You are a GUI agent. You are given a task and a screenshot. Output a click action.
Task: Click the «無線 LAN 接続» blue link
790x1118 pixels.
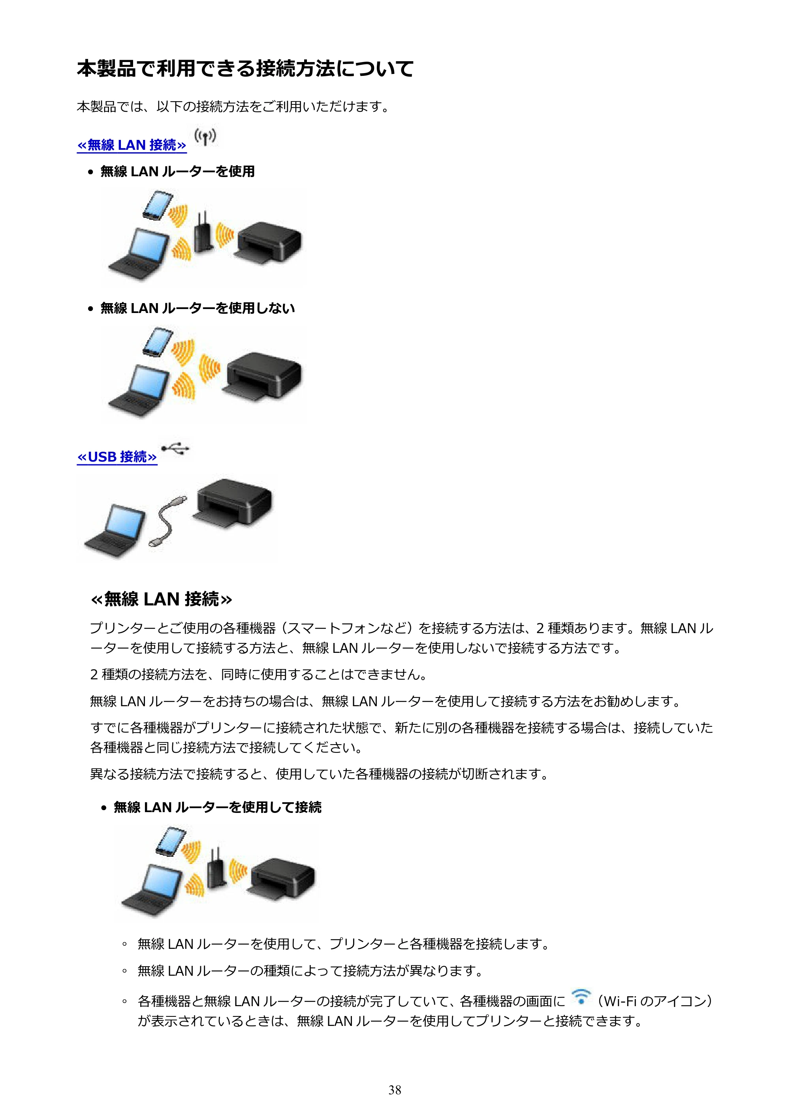tap(132, 145)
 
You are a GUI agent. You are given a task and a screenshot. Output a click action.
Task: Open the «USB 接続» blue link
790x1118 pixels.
tap(117, 457)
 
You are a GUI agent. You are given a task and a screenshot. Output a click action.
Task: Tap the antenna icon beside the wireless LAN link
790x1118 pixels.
tap(205, 137)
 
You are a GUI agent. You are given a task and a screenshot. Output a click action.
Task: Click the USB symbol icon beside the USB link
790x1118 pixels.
tap(175, 449)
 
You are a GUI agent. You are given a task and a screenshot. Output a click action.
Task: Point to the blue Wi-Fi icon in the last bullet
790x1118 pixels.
tap(581, 997)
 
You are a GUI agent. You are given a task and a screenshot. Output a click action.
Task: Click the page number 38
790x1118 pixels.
tap(395, 1090)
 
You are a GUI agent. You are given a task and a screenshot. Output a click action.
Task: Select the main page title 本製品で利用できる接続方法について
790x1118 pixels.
tap(245, 69)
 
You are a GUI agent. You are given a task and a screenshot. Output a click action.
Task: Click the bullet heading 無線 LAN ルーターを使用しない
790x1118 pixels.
tap(197, 308)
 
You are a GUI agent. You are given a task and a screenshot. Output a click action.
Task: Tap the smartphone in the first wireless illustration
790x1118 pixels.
tap(158, 206)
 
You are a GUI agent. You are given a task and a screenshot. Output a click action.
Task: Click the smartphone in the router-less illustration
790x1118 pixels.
tap(158, 342)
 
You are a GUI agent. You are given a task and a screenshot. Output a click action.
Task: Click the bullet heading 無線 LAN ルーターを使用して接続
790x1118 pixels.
tap(218, 807)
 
